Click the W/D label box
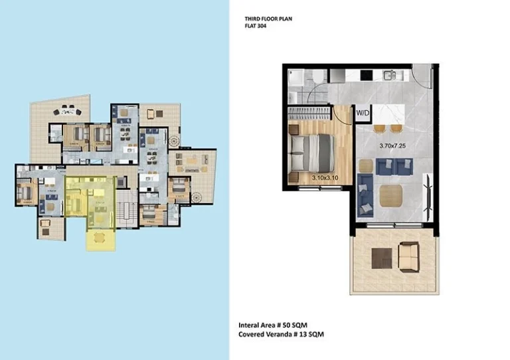point(363,114)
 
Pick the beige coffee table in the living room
point(390,195)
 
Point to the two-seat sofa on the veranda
point(407,255)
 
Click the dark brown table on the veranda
point(381,256)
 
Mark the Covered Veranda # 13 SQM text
point(282,335)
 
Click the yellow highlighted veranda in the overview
point(99,239)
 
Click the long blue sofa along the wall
point(363,195)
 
